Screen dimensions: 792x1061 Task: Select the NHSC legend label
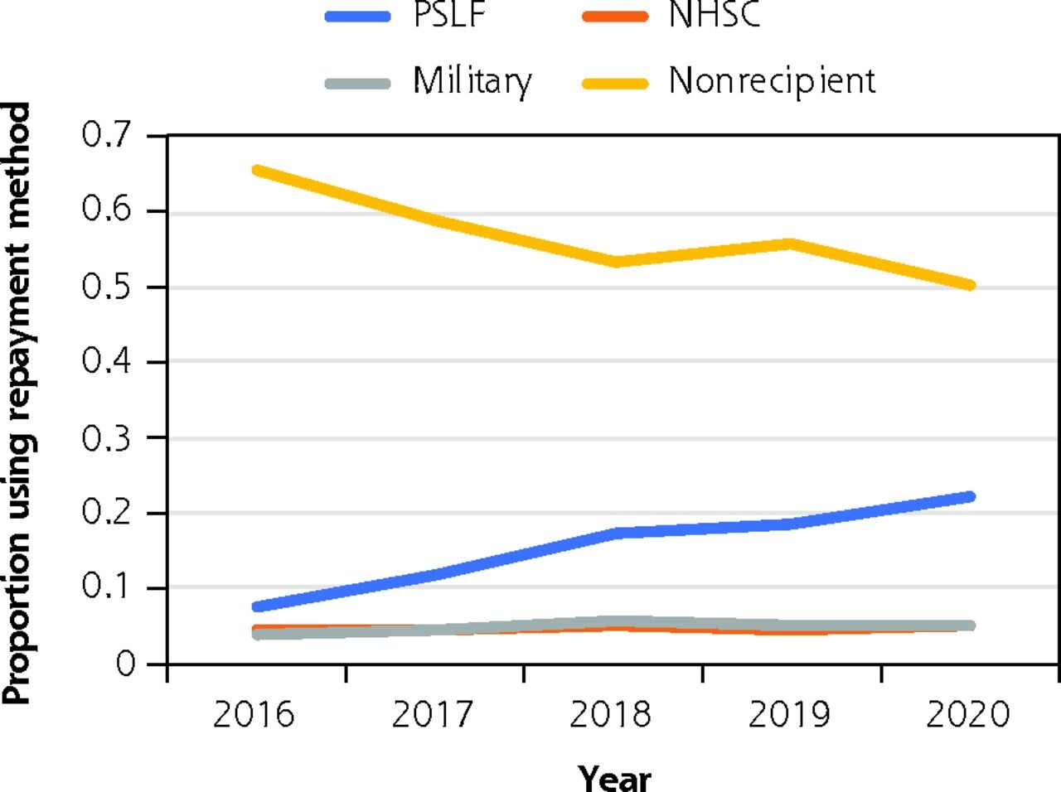[x=714, y=14]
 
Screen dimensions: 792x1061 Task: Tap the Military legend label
[x=472, y=80]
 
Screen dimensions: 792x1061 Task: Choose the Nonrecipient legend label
[x=772, y=80]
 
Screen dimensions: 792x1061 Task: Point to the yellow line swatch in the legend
[x=614, y=82]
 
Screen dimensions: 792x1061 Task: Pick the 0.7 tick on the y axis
[x=109, y=134]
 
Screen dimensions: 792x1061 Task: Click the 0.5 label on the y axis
[x=109, y=287]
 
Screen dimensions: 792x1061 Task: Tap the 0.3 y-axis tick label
[x=109, y=438]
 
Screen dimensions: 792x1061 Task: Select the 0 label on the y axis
[x=125, y=664]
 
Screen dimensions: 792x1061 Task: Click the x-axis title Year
[x=614, y=777]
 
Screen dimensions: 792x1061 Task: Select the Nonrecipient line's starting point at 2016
[x=257, y=170]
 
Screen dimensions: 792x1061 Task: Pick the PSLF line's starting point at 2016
[x=257, y=606]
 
